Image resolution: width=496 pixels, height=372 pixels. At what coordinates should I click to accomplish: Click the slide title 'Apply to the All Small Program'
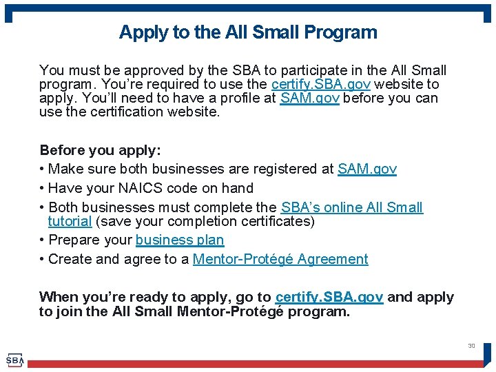[x=248, y=32]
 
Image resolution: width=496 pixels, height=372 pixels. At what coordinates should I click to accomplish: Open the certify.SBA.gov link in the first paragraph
[x=321, y=84]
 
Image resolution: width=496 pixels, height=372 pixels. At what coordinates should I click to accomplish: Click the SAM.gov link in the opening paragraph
[x=309, y=98]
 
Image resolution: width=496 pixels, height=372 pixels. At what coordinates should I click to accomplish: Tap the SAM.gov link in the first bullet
[x=366, y=169]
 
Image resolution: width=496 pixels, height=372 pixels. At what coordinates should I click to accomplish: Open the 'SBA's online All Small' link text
[x=351, y=207]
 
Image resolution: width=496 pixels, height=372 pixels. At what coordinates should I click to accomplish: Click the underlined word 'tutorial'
[x=70, y=221]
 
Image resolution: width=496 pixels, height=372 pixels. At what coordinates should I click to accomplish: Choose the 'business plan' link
[x=180, y=240]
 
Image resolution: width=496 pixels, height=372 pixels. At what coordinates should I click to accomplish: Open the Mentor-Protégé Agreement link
[x=280, y=259]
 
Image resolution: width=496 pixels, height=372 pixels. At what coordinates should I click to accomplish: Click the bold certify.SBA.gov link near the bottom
[x=329, y=297]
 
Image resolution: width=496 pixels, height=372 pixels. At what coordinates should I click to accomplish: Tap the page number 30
[x=471, y=346]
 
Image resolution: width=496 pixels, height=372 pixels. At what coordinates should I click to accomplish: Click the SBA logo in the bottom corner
[x=14, y=360]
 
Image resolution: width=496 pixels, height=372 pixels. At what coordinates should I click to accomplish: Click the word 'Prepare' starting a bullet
[x=71, y=240]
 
